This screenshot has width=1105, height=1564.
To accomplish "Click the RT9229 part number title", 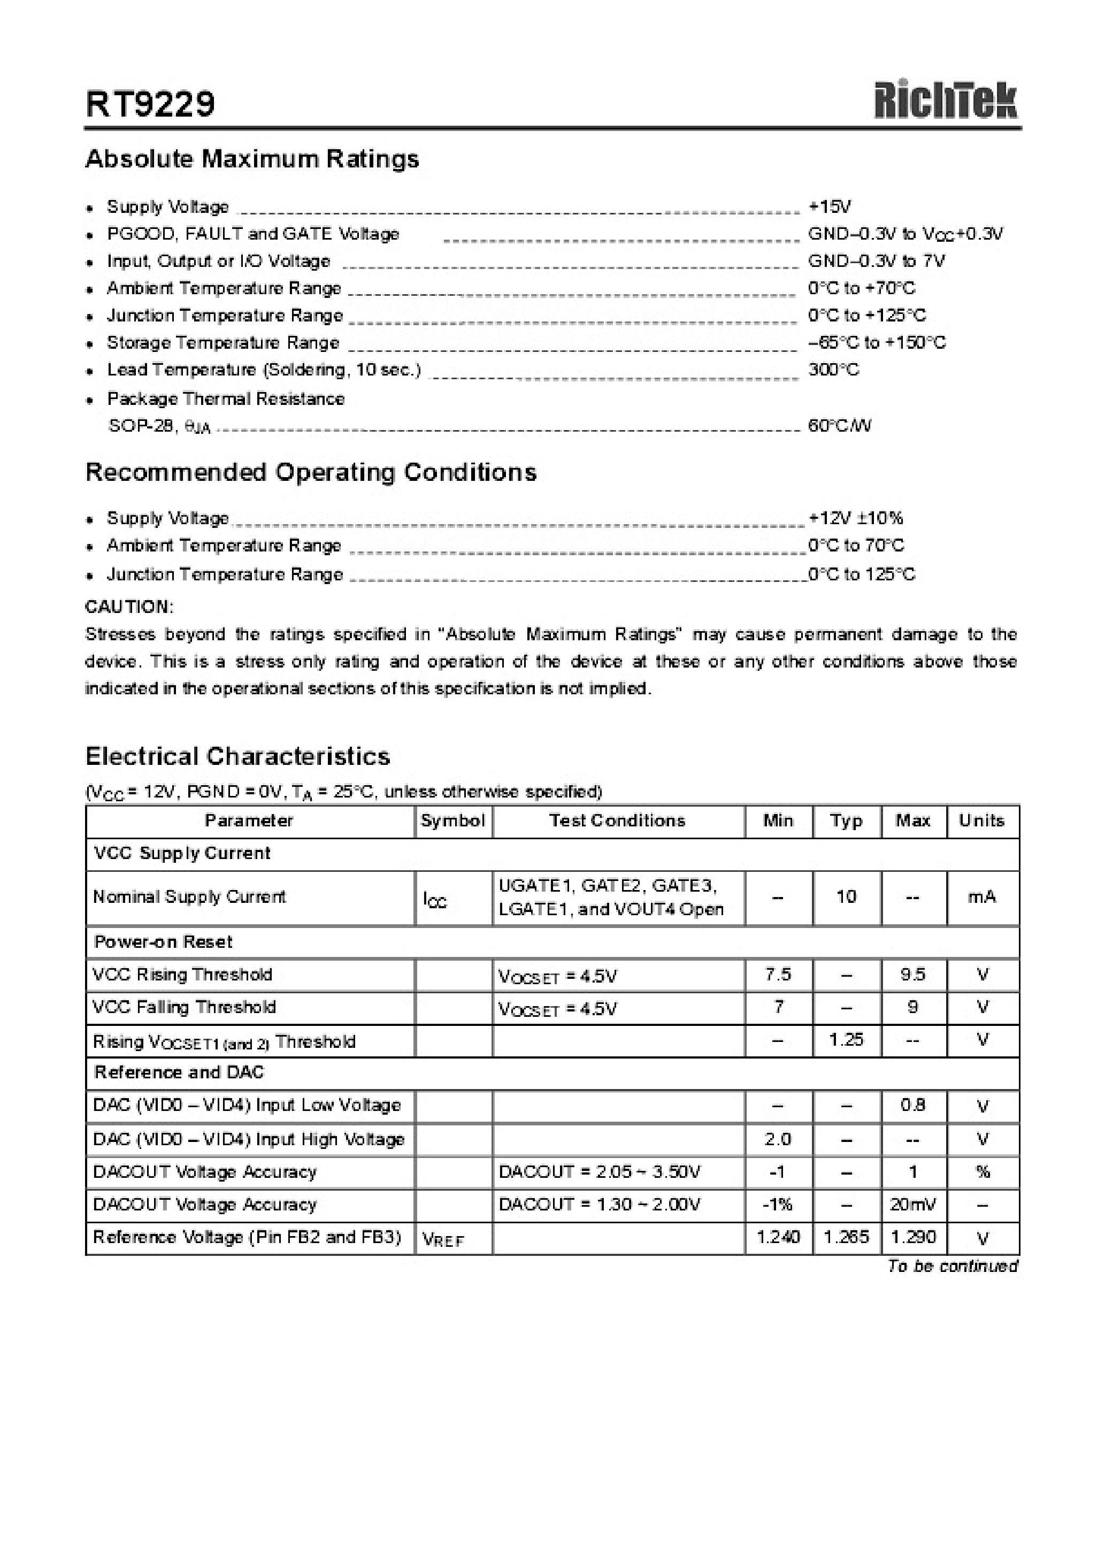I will (x=150, y=104).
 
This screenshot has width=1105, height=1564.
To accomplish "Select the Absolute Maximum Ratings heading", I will (x=252, y=159).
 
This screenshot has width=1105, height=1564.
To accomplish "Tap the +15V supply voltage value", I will (x=829, y=206).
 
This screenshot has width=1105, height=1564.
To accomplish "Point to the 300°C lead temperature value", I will (x=833, y=370).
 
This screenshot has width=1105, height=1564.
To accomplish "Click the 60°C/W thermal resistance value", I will (x=839, y=426).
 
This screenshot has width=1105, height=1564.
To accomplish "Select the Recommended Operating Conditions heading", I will (x=311, y=472).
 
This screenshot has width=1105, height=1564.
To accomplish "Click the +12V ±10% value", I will (x=856, y=518).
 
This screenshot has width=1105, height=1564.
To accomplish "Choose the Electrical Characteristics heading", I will (x=238, y=756).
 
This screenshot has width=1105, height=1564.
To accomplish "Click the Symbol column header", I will (x=452, y=821).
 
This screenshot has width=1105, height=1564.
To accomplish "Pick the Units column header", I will (x=981, y=821).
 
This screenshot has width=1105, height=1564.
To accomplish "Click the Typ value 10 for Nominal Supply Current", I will (x=846, y=897).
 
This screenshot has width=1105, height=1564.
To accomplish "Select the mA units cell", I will (x=981, y=897).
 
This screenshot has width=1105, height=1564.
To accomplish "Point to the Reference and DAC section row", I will (x=179, y=1072).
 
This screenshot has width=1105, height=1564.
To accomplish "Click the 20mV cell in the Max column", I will (x=912, y=1205).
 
